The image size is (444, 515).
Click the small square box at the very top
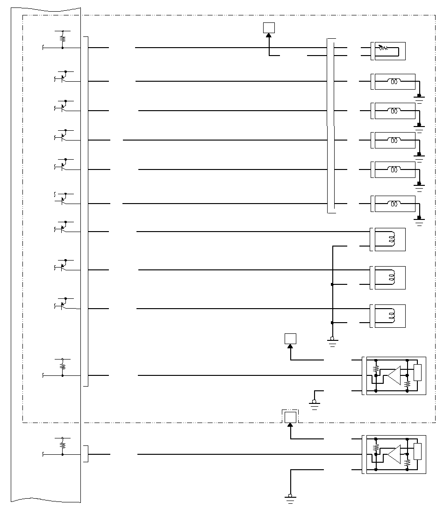pos(269,28)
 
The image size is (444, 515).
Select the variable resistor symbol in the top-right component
pos(383,47)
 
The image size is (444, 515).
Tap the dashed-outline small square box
pos(290,416)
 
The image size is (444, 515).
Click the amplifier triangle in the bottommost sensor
pos(394,454)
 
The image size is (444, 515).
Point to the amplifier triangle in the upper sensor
pos(394,375)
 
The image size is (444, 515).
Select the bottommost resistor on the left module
pos(62,445)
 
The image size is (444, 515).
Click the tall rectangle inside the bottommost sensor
pos(418,452)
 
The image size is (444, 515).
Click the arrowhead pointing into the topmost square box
pos(269,36)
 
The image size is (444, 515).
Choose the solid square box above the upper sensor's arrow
pos(290,338)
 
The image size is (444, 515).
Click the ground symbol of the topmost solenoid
pos(419,98)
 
